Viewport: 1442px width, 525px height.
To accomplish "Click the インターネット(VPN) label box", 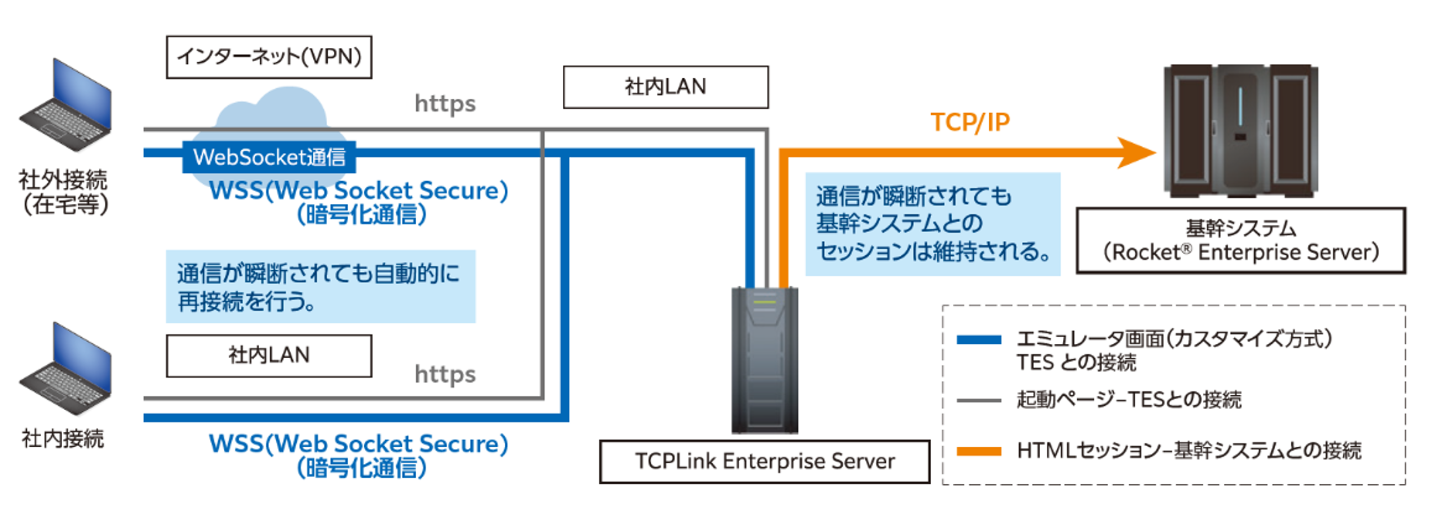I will pos(269,57).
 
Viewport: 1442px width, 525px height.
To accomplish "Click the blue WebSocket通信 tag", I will pos(269,157).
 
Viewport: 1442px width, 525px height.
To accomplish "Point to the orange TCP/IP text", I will pos(970,122).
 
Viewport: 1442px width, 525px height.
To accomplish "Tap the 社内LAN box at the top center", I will pos(666,87).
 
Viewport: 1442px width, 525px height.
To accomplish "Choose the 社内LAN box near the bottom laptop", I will pos(269,356).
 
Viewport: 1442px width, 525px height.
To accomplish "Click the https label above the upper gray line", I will pos(445,104).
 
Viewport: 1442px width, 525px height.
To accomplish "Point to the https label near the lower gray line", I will pos(445,374).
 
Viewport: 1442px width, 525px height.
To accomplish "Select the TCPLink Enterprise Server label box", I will pos(764,461).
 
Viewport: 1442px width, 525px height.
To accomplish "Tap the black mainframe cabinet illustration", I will pos(1240,131).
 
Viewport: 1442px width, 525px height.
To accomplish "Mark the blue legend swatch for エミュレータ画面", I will pos(978,340).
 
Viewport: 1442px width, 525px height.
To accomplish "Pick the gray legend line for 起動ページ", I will pos(978,400).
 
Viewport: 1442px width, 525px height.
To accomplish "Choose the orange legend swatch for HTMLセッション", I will pos(978,451).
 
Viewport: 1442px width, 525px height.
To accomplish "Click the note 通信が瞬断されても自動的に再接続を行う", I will pos(320,286).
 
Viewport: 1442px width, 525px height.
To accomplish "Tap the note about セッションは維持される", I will pos(933,224).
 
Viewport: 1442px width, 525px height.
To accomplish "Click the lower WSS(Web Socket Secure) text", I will pos(358,444).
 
